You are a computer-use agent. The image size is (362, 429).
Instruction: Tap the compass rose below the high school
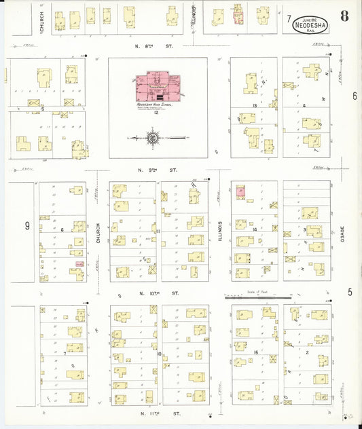[x=153, y=138]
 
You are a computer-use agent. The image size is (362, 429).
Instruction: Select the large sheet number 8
[x=346, y=16]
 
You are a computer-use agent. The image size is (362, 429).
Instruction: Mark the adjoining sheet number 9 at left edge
[x=28, y=225]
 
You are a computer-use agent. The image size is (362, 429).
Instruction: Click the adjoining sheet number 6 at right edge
[x=355, y=96]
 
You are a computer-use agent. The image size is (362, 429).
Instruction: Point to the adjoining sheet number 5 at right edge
[x=350, y=292]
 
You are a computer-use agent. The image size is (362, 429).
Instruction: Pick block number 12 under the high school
[x=156, y=113]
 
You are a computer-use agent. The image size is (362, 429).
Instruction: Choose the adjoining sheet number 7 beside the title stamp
[x=289, y=18]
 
